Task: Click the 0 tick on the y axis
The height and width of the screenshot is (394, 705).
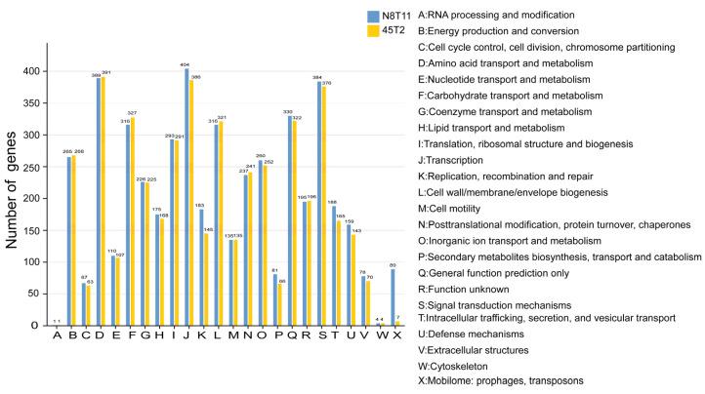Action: pyautogui.click(x=41, y=325)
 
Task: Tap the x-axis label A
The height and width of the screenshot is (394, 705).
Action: pyautogui.click(x=58, y=337)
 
